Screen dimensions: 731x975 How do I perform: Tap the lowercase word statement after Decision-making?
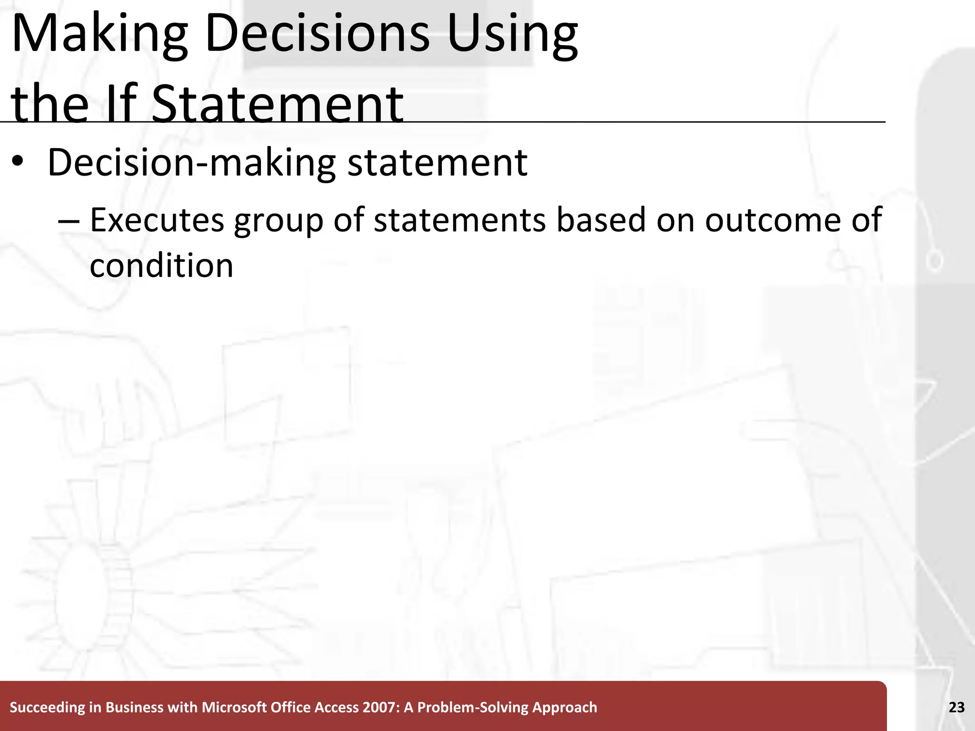coord(437,163)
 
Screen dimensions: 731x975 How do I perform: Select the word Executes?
coord(157,220)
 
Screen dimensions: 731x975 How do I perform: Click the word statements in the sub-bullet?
coord(459,220)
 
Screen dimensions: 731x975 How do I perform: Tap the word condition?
coord(161,266)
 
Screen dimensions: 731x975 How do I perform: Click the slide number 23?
coord(956,707)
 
